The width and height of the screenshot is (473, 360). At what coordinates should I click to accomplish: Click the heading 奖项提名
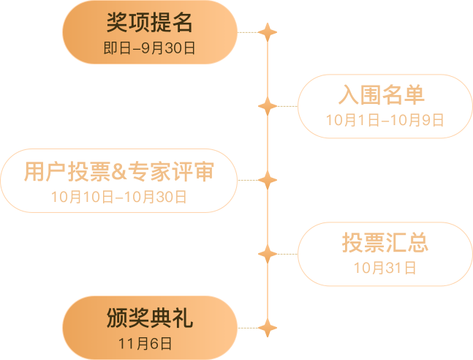coord(149,23)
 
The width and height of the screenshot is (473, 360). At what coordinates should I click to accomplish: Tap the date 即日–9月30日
coord(149,48)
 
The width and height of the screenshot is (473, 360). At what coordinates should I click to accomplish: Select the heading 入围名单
coord(382,95)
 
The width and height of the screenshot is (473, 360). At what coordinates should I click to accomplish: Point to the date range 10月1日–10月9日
coord(385,120)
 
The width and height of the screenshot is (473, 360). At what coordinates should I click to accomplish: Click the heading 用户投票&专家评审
coord(119,171)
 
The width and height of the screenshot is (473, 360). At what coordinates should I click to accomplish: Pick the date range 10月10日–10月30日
coord(119,197)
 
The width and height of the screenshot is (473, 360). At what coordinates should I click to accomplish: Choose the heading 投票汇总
coord(385,242)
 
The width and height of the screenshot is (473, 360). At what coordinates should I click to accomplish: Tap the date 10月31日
coord(385,268)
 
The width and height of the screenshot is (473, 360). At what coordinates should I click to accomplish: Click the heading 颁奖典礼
coord(150,318)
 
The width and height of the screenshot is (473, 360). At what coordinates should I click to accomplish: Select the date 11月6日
coord(145,344)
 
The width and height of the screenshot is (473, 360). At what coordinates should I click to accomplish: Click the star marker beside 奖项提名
coord(268,32)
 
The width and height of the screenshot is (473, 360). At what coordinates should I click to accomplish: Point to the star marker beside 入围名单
coord(268,106)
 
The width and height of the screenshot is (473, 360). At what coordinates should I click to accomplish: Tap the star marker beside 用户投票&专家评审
coord(268,180)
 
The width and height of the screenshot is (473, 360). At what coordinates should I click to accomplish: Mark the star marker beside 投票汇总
coord(268,254)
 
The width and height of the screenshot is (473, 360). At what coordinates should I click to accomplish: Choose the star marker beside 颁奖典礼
coord(268,328)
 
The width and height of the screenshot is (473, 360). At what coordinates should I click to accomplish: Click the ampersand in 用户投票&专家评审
coord(119,172)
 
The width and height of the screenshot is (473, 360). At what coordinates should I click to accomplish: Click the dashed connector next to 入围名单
coord(287,106)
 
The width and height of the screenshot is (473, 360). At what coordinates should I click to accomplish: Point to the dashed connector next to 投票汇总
coord(287,254)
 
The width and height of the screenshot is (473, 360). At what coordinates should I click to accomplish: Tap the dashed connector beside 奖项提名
coord(248,32)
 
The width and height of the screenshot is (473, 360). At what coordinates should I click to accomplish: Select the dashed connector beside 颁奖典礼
coord(248,328)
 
